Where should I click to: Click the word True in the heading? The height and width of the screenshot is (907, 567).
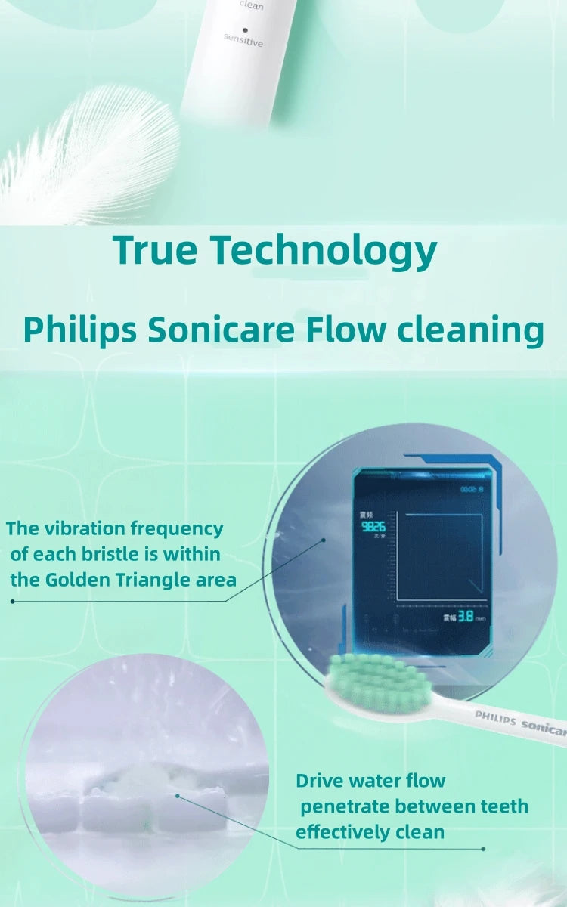point(155,250)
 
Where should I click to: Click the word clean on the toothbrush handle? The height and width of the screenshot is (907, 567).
point(251,6)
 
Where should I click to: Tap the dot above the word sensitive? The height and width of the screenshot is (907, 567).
point(245,29)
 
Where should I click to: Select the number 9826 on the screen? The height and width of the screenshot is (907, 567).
point(373,526)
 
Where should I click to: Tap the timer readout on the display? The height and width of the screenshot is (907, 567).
point(472,490)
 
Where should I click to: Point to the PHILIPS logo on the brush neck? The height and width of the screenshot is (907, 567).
point(495,718)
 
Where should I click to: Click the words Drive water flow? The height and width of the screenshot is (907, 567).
point(370,780)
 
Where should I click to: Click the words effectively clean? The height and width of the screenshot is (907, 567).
point(370,832)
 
